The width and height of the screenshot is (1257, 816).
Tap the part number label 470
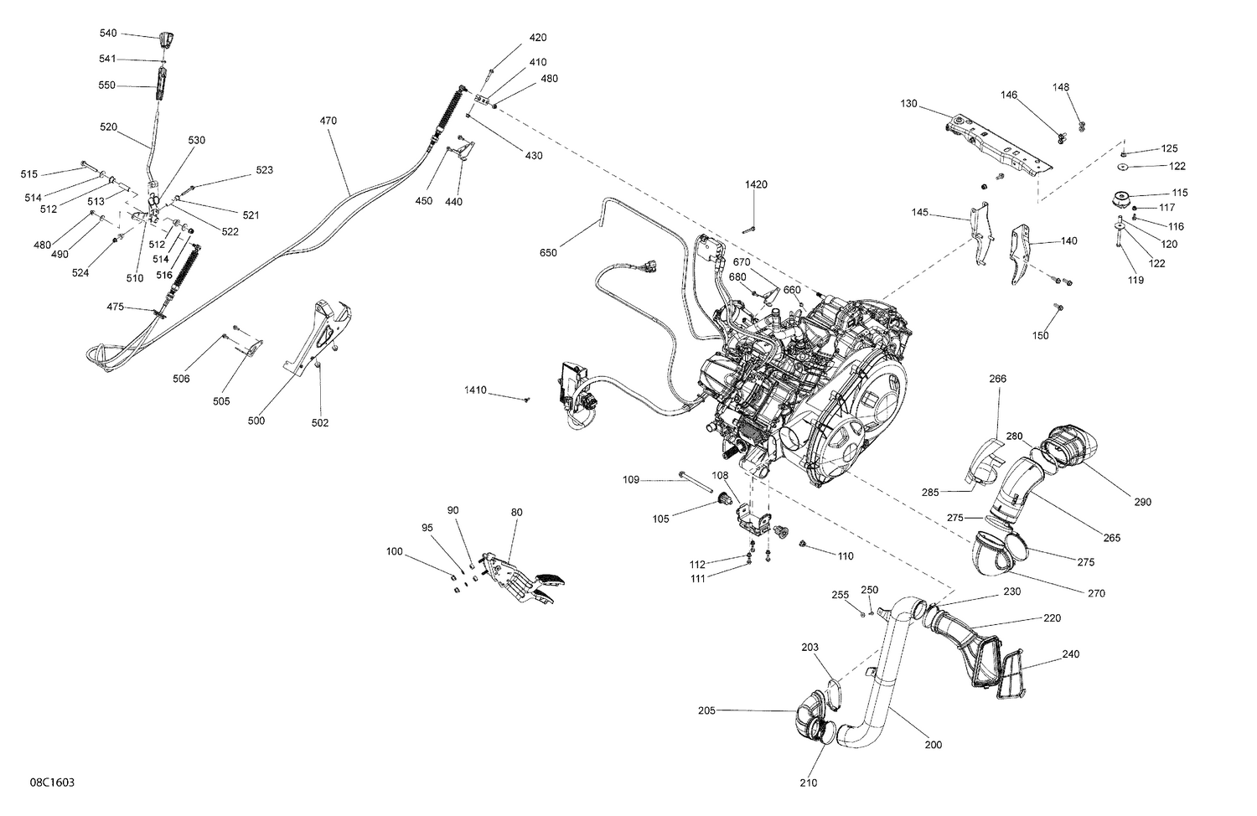pyautogui.click(x=328, y=121)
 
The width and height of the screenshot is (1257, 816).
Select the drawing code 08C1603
pyautogui.click(x=53, y=782)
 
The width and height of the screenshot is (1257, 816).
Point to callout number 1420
pyautogui.click(x=756, y=184)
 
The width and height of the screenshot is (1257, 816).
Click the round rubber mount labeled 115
pyautogui.click(x=1122, y=201)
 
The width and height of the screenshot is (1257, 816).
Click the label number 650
pyautogui.click(x=548, y=252)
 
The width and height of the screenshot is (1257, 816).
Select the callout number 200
pyautogui.click(x=933, y=745)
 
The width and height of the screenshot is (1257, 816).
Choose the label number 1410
pyautogui.click(x=476, y=390)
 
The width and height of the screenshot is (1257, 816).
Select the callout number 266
pyautogui.click(x=997, y=379)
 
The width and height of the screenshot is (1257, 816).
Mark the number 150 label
pyautogui.click(x=1040, y=336)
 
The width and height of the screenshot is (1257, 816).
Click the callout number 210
pyautogui.click(x=809, y=783)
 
